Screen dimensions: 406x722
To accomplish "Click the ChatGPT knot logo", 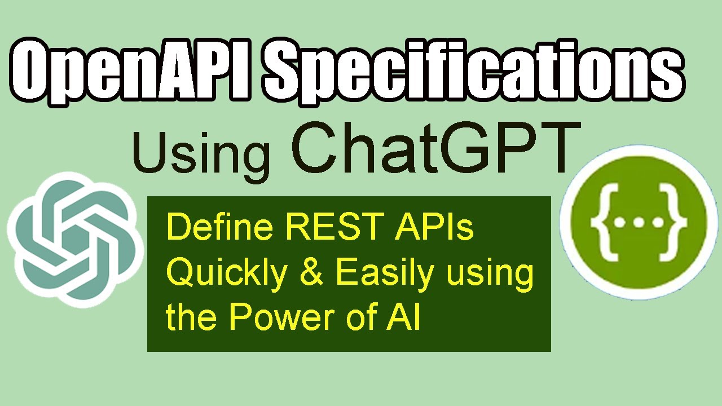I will click(73, 239).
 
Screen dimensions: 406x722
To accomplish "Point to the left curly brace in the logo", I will click(601, 222).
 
